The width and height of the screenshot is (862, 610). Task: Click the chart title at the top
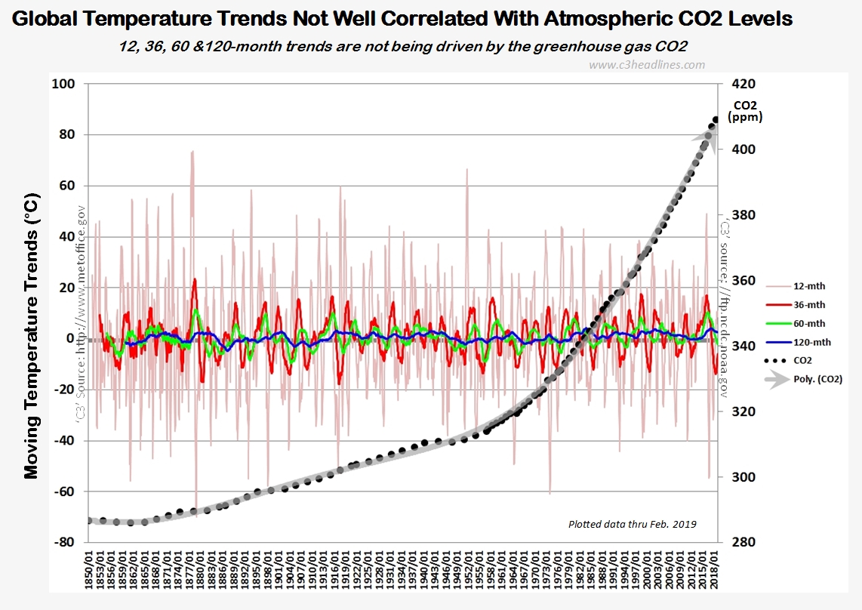pos(403,19)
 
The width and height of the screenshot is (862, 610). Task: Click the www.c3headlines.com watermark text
pos(646,65)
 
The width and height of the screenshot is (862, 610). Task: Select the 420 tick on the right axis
pos(744,84)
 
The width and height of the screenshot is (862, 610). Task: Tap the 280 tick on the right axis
pos(744,543)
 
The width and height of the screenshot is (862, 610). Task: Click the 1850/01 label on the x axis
pos(91,574)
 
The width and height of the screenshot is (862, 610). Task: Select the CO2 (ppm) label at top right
pos(744,111)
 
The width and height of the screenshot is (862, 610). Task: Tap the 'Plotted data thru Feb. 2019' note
pos(632,524)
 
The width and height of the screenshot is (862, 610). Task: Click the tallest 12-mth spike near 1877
pos(193,152)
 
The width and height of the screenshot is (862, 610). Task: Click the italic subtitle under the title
pos(403,46)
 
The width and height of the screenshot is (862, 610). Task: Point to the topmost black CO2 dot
pos(715,119)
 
